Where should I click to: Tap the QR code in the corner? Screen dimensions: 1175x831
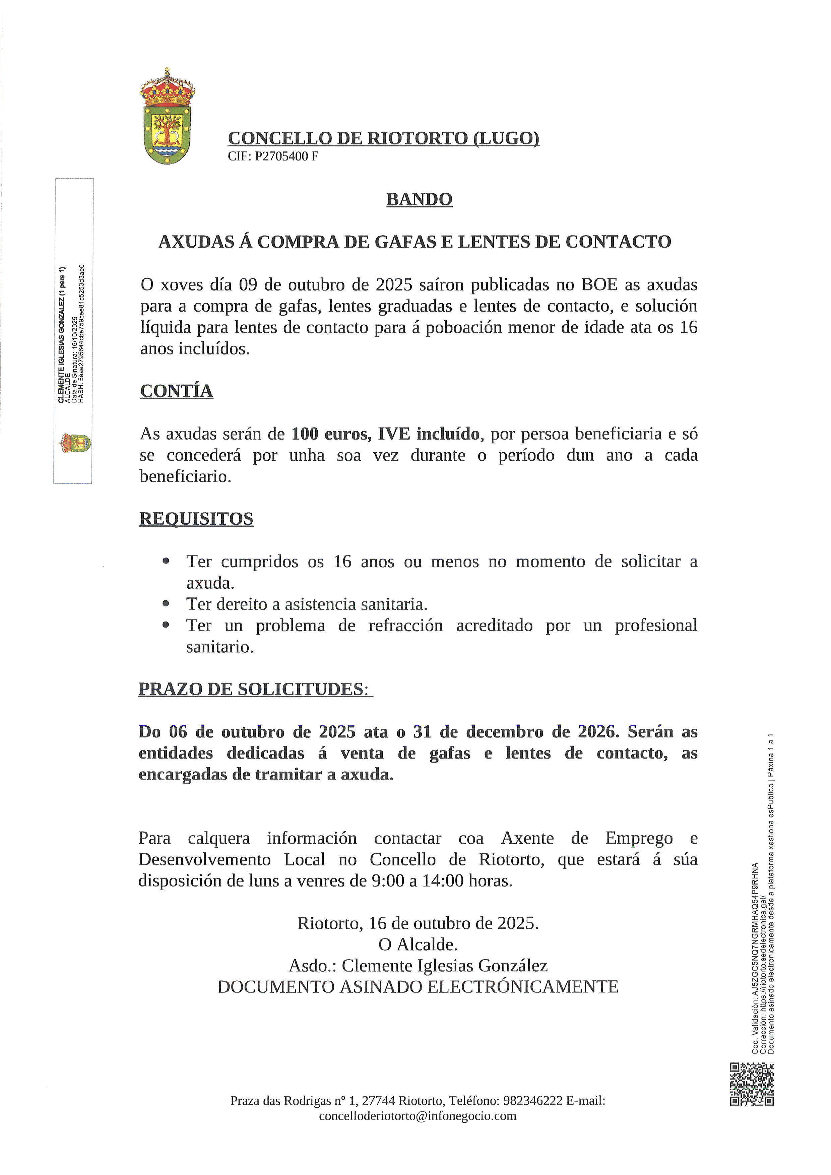click(x=751, y=1084)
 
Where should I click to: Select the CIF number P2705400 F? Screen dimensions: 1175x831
click(x=286, y=156)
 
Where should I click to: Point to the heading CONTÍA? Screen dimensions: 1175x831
click(x=177, y=391)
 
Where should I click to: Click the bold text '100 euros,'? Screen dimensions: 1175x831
click(x=332, y=434)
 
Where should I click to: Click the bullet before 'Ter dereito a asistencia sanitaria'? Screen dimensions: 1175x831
click(x=165, y=604)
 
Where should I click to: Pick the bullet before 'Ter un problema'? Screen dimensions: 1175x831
click(x=165, y=625)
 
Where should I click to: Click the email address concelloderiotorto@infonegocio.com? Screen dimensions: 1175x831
click(x=418, y=1116)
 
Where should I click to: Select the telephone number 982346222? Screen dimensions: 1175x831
click(x=533, y=1100)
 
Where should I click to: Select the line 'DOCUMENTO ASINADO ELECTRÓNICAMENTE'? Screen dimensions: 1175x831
click(x=418, y=987)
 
